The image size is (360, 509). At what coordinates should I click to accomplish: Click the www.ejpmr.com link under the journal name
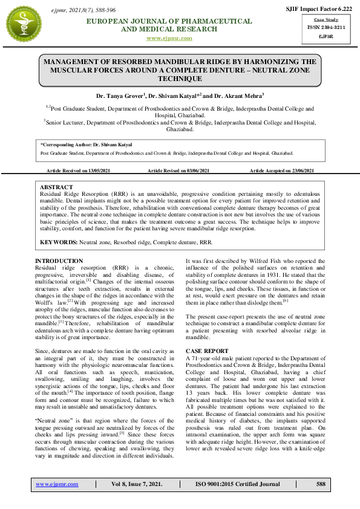coord(169,38)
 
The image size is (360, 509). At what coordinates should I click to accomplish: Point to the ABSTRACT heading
coord(56,187)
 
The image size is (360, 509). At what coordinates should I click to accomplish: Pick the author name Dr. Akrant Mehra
coord(241,96)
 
